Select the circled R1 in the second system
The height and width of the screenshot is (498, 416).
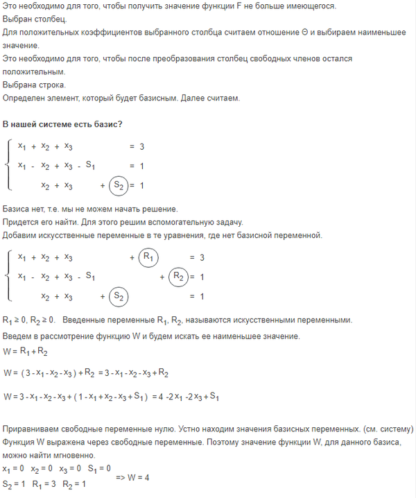click(148, 257)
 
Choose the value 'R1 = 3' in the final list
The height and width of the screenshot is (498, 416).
click(46, 483)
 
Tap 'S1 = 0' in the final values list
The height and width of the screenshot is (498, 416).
click(98, 470)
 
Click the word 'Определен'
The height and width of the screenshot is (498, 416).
click(26, 98)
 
